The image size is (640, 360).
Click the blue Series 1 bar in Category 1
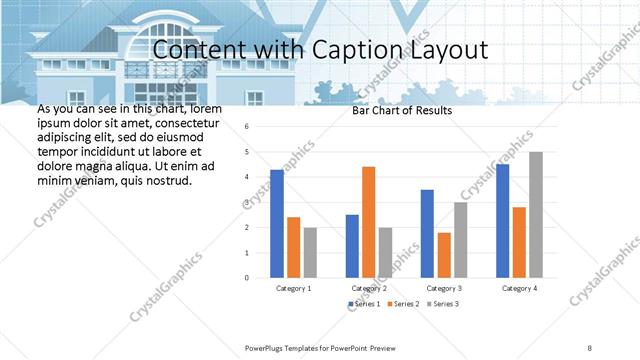point(277,223)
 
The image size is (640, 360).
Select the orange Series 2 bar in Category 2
point(368,221)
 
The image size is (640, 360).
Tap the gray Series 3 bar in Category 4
point(536,214)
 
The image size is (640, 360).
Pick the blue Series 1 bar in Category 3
point(427,233)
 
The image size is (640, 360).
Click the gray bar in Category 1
point(310,251)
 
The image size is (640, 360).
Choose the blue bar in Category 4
point(502,220)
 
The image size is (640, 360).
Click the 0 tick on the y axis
point(247,277)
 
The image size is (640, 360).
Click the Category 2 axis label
point(369,288)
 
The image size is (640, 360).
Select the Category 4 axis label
point(519,288)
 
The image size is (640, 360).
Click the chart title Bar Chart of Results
point(402,110)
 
